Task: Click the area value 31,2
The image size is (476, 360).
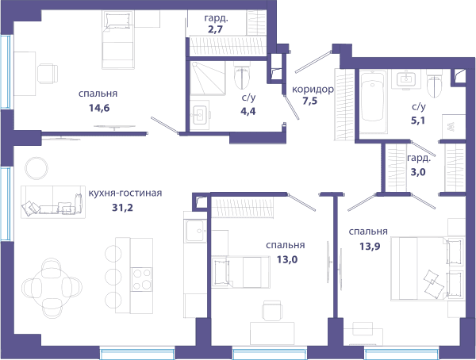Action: pyautogui.click(x=123, y=208)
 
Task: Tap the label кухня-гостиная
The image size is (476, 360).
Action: pyautogui.click(x=125, y=193)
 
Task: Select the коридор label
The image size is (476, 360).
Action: pyautogui.click(x=313, y=90)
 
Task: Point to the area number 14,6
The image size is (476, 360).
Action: pyautogui.click(x=99, y=108)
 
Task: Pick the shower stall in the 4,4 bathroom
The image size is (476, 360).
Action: pyautogui.click(x=208, y=79)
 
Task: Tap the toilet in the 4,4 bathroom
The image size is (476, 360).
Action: pyautogui.click(x=242, y=75)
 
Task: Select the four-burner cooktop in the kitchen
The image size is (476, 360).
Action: pyautogui.click(x=142, y=279)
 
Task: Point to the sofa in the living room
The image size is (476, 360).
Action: pyautogui.click(x=53, y=201)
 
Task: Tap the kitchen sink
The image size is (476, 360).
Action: pyautogui.click(x=194, y=231)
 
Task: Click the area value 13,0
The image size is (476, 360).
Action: pyautogui.click(x=287, y=259)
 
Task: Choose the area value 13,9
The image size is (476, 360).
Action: pyautogui.click(x=370, y=246)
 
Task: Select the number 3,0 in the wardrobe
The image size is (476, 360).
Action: pyautogui.click(x=418, y=172)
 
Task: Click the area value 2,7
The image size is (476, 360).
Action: pyautogui.click(x=216, y=30)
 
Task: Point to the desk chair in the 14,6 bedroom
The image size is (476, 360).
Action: pyautogui.click(x=48, y=74)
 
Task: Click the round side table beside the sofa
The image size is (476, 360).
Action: pyautogui.click(x=36, y=168)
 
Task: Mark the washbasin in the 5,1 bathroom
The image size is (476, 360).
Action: pyautogui.click(x=406, y=79)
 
